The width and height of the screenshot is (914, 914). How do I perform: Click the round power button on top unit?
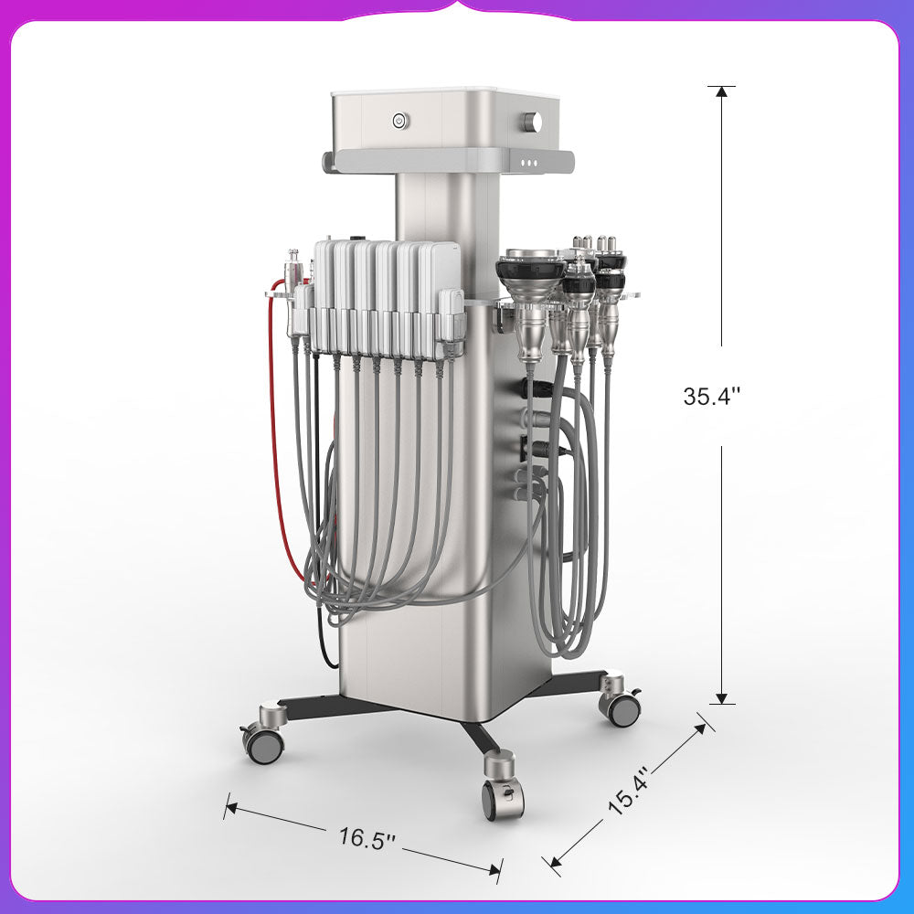pyautogui.click(x=399, y=122)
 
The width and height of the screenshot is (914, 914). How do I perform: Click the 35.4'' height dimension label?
pyautogui.click(x=712, y=397)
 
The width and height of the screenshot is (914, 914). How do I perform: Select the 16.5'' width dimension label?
pyautogui.click(x=367, y=839)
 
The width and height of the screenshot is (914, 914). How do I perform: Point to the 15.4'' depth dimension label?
pyautogui.click(x=629, y=790)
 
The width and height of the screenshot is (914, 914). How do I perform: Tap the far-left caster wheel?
pyautogui.click(x=263, y=744)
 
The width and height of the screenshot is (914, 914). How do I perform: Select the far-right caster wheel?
pyautogui.click(x=622, y=707)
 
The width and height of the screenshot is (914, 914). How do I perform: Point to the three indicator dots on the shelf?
pyautogui.click(x=529, y=164)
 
